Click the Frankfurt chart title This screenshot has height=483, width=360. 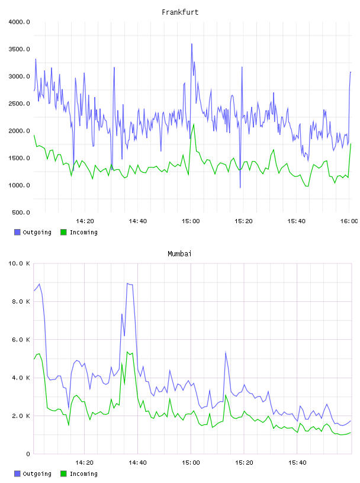click(x=180, y=12)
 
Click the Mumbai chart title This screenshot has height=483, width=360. click(x=179, y=254)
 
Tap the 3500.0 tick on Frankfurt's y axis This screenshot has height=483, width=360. click(x=19, y=49)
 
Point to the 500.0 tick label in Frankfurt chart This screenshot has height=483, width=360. click(x=21, y=212)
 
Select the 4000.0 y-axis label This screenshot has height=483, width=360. click(x=19, y=22)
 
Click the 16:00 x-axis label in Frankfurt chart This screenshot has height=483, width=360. click(x=349, y=221)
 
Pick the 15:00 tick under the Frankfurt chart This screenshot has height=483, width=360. click(x=191, y=221)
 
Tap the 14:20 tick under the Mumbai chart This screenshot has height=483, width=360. click(x=85, y=463)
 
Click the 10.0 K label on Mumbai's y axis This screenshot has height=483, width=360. click(x=19, y=263)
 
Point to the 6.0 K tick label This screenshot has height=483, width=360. click(x=21, y=339)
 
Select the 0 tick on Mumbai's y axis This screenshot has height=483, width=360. click(x=28, y=454)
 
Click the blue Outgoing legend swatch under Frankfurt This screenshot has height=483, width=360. click(x=17, y=232)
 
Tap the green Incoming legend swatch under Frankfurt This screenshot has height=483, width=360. click(x=63, y=232)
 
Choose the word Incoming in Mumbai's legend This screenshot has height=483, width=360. click(x=83, y=474)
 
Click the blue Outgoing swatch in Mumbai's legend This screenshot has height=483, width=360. click(x=17, y=474)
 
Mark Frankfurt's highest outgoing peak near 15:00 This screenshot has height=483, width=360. click(x=192, y=44)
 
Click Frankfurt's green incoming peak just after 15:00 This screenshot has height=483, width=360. click(x=194, y=124)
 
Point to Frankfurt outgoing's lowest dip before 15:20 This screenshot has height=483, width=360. click(x=240, y=187)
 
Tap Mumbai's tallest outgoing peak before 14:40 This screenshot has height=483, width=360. click(x=127, y=284)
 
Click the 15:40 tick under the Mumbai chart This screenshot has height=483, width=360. click(x=297, y=463)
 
